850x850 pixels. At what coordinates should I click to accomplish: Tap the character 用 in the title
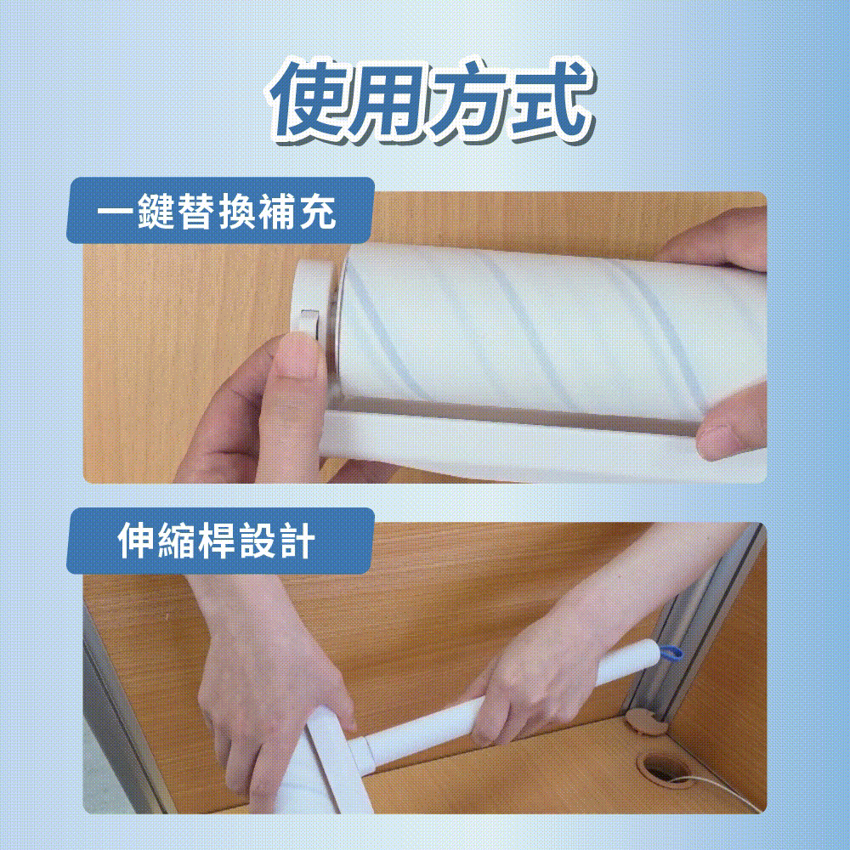(x=388, y=100)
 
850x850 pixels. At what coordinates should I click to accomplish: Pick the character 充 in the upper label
(x=317, y=210)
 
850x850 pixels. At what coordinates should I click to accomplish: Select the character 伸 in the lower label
(x=136, y=541)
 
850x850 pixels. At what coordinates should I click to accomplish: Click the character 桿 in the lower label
(x=216, y=541)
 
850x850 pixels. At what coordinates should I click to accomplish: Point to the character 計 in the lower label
(x=297, y=541)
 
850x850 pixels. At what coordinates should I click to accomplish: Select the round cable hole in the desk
(x=662, y=767)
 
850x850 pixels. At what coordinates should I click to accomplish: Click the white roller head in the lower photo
(x=320, y=764)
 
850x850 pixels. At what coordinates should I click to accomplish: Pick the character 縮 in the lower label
(x=176, y=541)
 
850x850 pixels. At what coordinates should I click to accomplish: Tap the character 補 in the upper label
(x=277, y=210)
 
